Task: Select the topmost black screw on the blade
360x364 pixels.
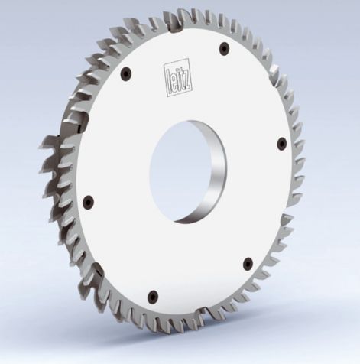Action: point(223,48)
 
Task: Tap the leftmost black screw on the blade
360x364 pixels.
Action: point(88,201)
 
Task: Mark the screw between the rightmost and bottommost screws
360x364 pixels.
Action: point(246,265)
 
